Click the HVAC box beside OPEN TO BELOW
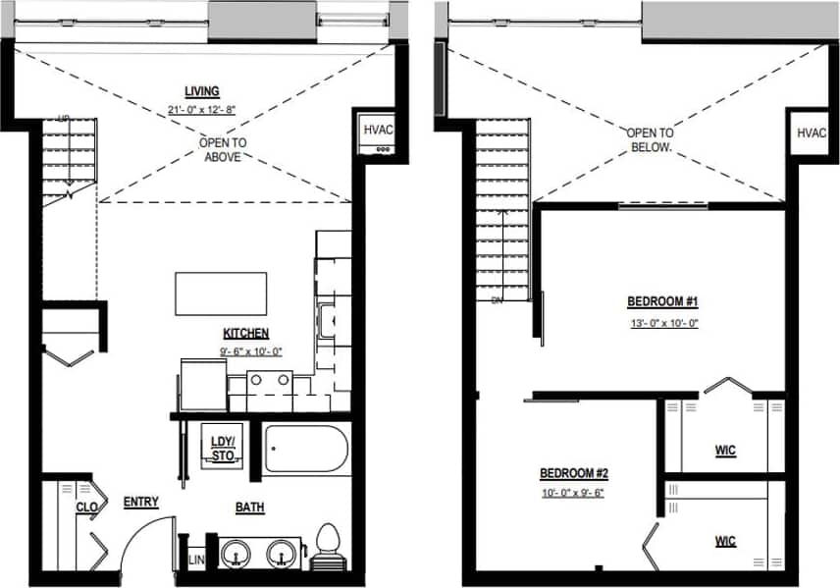[811, 133]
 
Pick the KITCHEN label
[245, 334]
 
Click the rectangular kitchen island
[222, 294]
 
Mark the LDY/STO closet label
[223, 448]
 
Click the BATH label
[249, 508]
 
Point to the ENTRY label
[141, 503]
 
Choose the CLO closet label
[85, 508]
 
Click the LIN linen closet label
[195, 559]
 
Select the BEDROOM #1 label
[662, 301]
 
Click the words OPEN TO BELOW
[651, 139]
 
